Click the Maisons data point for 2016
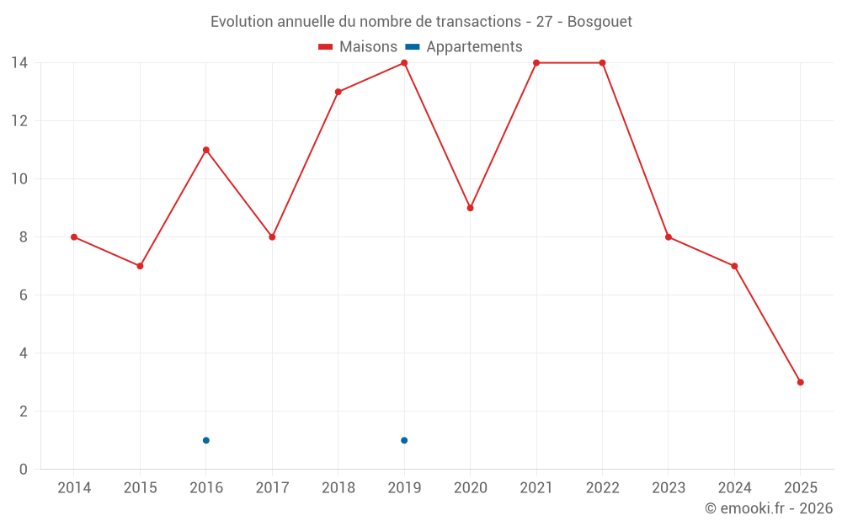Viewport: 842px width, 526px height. (206, 150)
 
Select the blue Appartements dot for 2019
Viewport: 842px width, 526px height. (404, 440)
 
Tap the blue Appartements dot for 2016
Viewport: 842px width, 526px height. (206, 440)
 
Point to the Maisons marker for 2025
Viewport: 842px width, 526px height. (801, 382)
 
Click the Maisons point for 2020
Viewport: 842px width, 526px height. (470, 208)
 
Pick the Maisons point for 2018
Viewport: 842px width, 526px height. (338, 92)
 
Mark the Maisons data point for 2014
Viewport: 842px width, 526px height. (74, 236)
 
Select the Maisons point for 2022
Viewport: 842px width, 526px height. (602, 63)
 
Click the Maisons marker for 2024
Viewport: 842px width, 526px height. (734, 266)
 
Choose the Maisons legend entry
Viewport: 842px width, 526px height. (358, 47)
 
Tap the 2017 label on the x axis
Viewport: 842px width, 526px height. (272, 487)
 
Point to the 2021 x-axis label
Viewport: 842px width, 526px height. (536, 487)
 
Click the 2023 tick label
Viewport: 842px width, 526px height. (669, 487)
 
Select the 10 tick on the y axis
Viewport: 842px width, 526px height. (19, 179)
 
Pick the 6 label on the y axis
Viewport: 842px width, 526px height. (23, 295)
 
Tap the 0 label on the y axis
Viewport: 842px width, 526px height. (23, 470)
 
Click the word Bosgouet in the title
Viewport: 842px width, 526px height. (600, 21)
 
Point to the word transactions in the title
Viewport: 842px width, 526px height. (478, 21)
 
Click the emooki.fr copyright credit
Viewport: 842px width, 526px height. (769, 508)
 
